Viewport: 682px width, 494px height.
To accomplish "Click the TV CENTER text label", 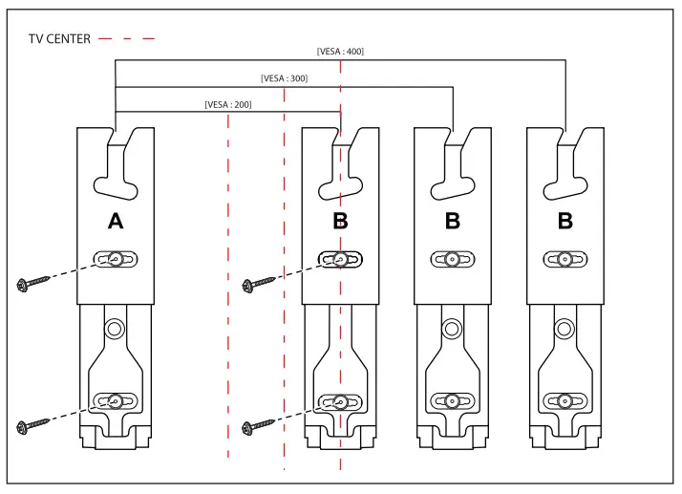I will tap(58, 38).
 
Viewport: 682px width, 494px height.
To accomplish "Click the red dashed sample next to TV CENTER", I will tap(126, 38).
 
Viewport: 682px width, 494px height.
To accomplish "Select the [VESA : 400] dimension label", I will tap(340, 52).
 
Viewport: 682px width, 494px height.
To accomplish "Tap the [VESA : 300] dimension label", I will tap(284, 78).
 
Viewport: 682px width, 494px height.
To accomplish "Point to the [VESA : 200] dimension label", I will tap(228, 104).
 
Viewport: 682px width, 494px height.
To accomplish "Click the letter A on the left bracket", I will tap(116, 222).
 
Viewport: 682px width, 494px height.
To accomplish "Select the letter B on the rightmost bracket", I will tap(565, 222).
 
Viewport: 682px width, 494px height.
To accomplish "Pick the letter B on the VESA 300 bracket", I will tap(453, 222).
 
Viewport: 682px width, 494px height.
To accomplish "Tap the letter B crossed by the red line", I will tap(340, 222).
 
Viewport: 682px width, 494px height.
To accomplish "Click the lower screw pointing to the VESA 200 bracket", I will tap(257, 425).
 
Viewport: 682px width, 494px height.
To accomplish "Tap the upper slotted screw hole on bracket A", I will tap(116, 259).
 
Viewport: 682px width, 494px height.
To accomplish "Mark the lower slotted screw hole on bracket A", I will tap(116, 401).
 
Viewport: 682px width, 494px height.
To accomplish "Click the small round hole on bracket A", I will tap(116, 329).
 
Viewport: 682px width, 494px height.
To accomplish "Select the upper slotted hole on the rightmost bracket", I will tap(565, 259).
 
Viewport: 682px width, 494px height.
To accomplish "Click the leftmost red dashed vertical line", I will tap(228, 287).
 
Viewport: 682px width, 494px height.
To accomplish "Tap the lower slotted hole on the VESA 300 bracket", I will tap(453, 401).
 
